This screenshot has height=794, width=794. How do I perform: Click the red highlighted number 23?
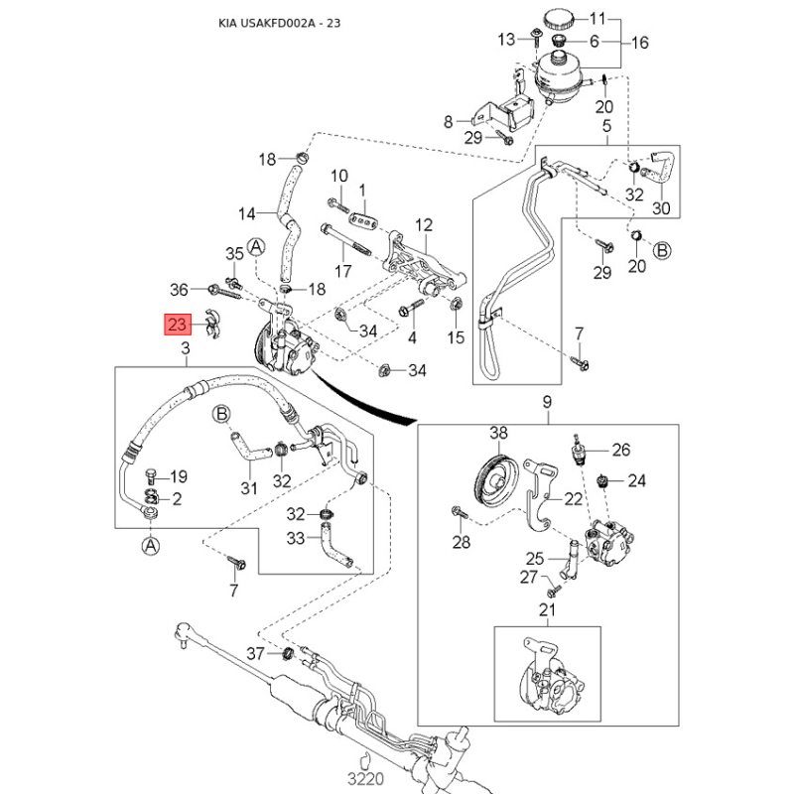(178, 325)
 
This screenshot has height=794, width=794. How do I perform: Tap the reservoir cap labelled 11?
(560, 20)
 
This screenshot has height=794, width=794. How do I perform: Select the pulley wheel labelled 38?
(498, 478)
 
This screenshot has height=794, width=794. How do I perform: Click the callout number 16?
(639, 43)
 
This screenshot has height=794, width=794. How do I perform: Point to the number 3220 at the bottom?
(365, 778)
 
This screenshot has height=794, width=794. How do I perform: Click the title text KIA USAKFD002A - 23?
(280, 23)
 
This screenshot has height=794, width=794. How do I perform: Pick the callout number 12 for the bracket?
(424, 225)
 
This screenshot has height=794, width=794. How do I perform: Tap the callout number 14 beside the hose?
(246, 214)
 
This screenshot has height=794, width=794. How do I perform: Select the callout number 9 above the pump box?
(547, 402)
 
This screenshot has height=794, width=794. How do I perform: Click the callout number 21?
(547, 609)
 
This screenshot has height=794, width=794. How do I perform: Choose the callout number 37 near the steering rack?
(255, 653)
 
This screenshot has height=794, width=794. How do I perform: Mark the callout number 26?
(621, 450)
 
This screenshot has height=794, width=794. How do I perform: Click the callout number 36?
(179, 290)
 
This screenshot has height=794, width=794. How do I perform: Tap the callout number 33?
(296, 538)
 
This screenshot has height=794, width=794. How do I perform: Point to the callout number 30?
(661, 208)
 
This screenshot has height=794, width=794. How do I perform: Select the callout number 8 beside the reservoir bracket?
(449, 122)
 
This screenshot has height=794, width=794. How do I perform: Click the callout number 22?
(574, 499)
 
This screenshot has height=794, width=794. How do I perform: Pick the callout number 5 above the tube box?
(607, 126)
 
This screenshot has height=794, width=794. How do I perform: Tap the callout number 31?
(249, 488)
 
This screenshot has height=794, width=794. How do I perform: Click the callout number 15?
(456, 337)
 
